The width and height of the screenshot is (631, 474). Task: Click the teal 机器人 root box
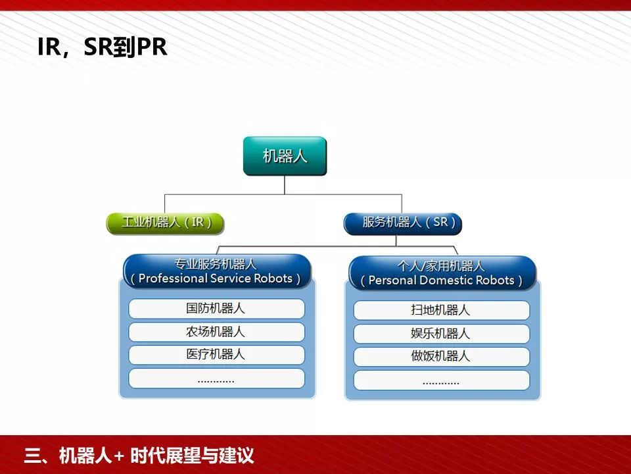[x=285, y=156]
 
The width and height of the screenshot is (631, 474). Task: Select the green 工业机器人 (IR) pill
[x=165, y=223]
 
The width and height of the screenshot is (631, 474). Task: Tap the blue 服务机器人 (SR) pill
[x=403, y=224]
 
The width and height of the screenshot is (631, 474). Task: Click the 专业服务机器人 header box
[x=217, y=271]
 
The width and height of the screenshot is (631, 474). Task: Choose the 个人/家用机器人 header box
[x=442, y=273]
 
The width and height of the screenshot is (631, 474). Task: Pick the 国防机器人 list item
[x=216, y=309]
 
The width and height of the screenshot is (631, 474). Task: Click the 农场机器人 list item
[x=216, y=332]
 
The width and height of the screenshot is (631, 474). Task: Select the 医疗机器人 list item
[x=216, y=355]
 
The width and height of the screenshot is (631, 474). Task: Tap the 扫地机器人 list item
[x=442, y=310]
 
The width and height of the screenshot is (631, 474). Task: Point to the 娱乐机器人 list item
[x=442, y=334]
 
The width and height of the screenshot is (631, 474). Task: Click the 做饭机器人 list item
[x=442, y=357]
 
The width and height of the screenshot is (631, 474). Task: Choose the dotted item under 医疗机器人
[x=216, y=379]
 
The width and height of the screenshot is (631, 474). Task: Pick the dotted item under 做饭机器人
[x=442, y=381]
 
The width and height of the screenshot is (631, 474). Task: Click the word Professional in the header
[x=172, y=278]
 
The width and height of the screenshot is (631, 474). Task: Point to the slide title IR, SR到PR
[x=103, y=47]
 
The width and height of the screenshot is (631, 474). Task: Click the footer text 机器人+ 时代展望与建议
[x=156, y=456]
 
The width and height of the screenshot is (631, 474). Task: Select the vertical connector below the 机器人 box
[x=285, y=185]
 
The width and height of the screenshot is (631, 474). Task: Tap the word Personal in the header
[x=392, y=280]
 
